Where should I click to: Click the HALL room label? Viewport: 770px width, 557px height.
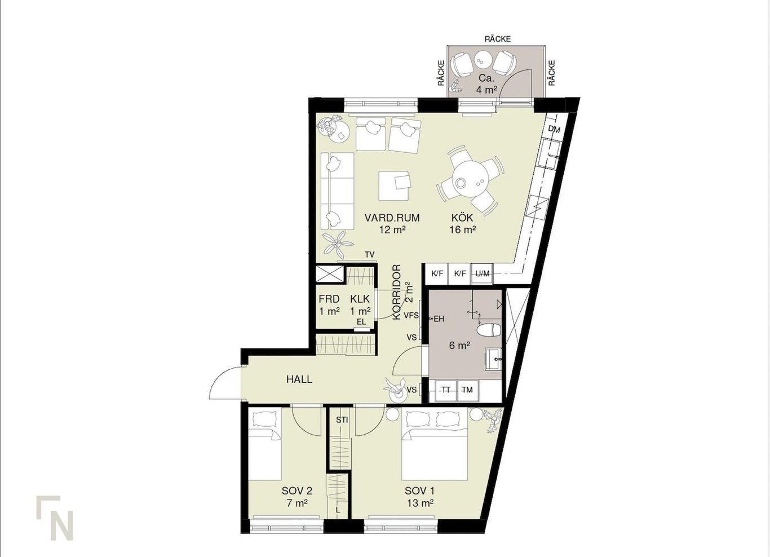tap(299, 379)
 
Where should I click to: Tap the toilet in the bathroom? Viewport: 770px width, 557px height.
tap(489, 330)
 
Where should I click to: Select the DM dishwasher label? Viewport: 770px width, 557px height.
tap(554, 130)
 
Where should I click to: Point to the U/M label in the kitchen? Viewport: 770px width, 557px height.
tap(483, 273)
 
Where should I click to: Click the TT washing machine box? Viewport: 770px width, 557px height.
tap(446, 391)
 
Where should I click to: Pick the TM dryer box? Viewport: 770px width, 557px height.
tap(467, 391)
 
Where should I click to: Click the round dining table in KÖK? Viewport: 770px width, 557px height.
tap(470, 180)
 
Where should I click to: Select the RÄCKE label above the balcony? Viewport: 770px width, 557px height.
tap(497, 39)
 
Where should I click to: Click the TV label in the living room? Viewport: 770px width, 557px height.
tap(370, 254)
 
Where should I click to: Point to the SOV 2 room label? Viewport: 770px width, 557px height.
tap(297, 490)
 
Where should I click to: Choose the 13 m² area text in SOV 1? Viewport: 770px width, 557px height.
tap(420, 503)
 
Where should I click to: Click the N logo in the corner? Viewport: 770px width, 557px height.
tap(55, 518)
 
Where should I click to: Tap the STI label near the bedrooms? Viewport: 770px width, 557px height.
tap(342, 420)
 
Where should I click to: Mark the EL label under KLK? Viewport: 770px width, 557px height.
tap(361, 322)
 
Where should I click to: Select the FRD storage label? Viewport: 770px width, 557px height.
tap(329, 299)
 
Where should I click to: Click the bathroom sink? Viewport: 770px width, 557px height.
tap(494, 359)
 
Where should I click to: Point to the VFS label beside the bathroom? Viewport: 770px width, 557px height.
tap(411, 315)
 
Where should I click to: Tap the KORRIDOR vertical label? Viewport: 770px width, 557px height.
tap(397, 292)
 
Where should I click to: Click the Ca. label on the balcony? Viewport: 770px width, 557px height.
tap(486, 78)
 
